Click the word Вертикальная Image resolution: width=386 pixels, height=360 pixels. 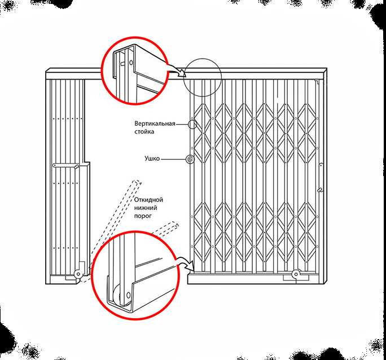[155, 124]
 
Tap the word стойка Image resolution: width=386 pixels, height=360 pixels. [144, 131]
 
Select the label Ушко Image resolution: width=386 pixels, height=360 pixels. [152, 159]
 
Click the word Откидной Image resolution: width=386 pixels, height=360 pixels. [148, 200]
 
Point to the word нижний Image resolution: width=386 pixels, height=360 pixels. [146, 208]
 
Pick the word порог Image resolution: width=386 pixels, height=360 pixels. [143, 216]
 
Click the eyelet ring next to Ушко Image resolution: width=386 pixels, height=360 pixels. [190, 160]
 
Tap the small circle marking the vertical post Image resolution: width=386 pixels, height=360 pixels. [192, 124]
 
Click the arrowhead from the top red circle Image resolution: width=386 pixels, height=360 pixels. [182, 73]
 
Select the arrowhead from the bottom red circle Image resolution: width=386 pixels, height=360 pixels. [191, 266]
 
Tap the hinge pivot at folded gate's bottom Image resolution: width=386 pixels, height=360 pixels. [78, 274]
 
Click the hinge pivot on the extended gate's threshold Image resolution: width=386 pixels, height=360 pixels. [296, 274]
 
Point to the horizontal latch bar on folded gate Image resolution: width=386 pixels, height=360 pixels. [65, 166]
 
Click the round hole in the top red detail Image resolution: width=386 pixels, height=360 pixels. [131, 63]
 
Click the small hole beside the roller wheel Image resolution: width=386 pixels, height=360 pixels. [128, 295]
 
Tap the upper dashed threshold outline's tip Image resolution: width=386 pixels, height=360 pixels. [138, 182]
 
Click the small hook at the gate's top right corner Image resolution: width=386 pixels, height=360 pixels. [318, 81]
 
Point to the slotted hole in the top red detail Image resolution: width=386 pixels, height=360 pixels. [122, 64]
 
